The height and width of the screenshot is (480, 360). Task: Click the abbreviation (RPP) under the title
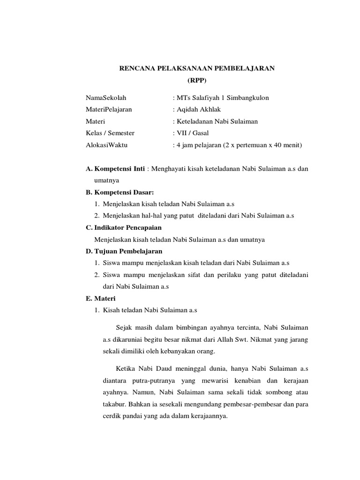click(x=196, y=81)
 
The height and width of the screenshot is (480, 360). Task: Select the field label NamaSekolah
click(x=106, y=98)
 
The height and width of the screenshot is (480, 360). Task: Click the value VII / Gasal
click(x=192, y=134)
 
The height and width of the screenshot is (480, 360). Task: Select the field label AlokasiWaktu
click(x=106, y=145)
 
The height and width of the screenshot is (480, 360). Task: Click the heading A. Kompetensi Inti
click(x=115, y=169)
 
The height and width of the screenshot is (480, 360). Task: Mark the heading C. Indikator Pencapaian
click(x=123, y=227)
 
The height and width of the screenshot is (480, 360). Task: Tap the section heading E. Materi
click(x=100, y=298)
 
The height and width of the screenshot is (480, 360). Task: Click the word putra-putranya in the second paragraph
click(x=152, y=380)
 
